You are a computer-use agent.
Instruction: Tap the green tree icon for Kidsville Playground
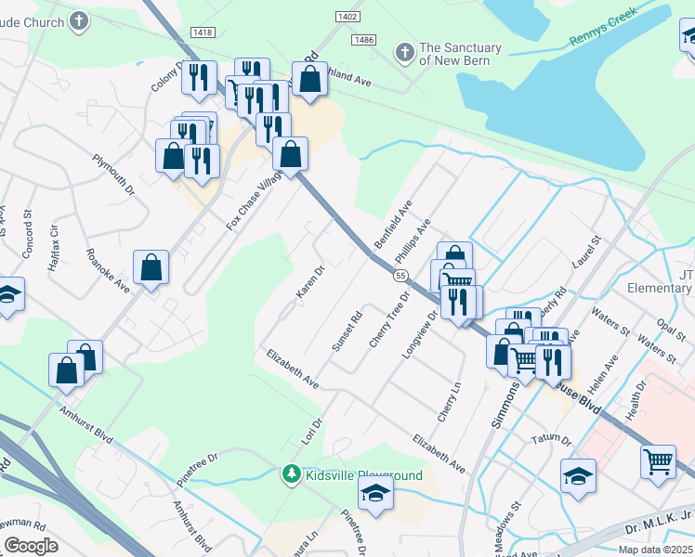(292, 475)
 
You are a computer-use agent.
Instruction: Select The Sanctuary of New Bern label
(460, 54)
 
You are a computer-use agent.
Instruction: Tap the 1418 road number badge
(202, 32)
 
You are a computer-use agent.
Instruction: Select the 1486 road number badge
(363, 40)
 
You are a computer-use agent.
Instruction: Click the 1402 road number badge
(348, 17)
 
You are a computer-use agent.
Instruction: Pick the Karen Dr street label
(309, 282)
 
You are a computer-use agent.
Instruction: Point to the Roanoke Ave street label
(108, 270)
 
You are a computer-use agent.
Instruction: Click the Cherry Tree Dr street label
(389, 320)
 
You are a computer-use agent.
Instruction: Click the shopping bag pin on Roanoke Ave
(151, 268)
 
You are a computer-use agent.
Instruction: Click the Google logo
(31, 546)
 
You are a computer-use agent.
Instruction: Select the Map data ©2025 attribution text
(655, 550)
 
